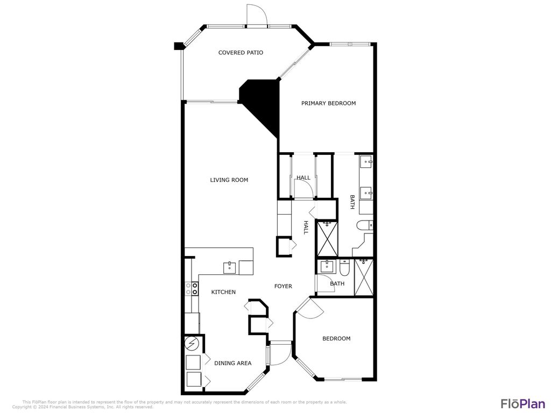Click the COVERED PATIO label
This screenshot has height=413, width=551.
(241, 53)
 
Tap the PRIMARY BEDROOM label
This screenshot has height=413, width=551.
(328, 103)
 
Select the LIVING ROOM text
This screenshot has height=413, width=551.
(229, 180)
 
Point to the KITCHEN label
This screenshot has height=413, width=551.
(223, 292)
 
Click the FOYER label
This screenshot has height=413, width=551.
(283, 286)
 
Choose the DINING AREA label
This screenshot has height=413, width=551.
(233, 364)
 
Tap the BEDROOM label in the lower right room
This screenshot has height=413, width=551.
(336, 339)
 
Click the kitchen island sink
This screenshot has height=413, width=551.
(230, 267)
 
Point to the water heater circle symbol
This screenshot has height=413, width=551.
(192, 343)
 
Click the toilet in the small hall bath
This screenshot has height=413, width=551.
(345, 267)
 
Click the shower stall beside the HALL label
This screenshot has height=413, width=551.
(326, 239)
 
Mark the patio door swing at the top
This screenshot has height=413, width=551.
(256, 15)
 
